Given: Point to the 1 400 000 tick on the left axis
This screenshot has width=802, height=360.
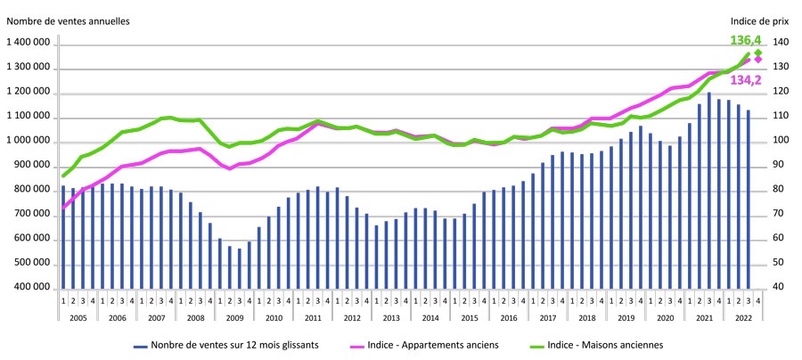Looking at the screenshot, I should point(29,44).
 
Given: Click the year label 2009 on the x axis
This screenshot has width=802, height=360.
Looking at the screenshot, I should point(234,317).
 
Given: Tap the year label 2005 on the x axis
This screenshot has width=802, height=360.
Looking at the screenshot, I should point(78,317).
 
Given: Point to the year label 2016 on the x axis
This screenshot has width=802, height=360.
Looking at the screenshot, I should point(509,317).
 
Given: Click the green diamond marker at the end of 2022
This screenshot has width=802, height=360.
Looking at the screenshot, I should point(758,53).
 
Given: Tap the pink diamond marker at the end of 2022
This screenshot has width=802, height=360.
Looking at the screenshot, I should point(758,60).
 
